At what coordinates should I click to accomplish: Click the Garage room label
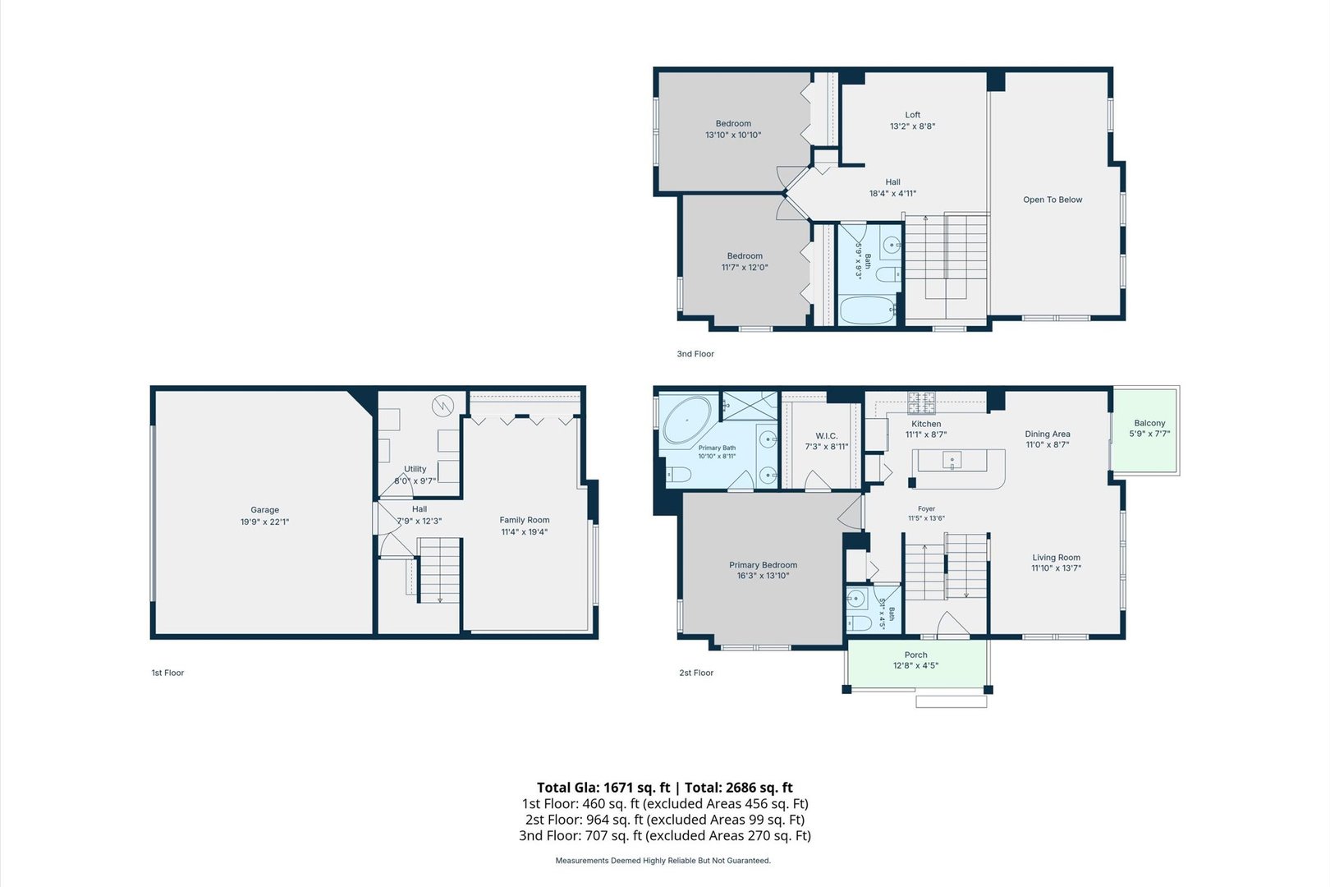click(264, 510)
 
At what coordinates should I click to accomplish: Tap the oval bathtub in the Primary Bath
click(687, 420)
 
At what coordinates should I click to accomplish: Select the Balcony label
click(1149, 423)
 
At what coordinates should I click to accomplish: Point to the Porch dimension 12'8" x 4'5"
click(915, 665)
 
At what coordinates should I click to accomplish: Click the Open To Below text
click(1053, 200)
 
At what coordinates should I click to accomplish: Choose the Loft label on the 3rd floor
click(913, 115)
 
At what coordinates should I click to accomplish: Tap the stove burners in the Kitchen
click(921, 402)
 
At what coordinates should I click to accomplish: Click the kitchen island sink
click(952, 461)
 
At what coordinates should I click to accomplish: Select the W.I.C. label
click(827, 436)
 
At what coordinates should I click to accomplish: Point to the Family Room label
click(525, 520)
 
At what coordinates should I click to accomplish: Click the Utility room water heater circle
click(443, 407)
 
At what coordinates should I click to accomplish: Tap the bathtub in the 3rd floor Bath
click(868, 310)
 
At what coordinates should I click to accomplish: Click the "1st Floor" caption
click(167, 673)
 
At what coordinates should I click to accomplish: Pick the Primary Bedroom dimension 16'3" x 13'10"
click(763, 576)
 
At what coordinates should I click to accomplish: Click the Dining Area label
click(1048, 434)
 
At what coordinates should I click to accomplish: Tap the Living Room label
click(1056, 558)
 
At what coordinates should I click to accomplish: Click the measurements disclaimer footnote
click(663, 860)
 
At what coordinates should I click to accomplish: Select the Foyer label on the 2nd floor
click(926, 508)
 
